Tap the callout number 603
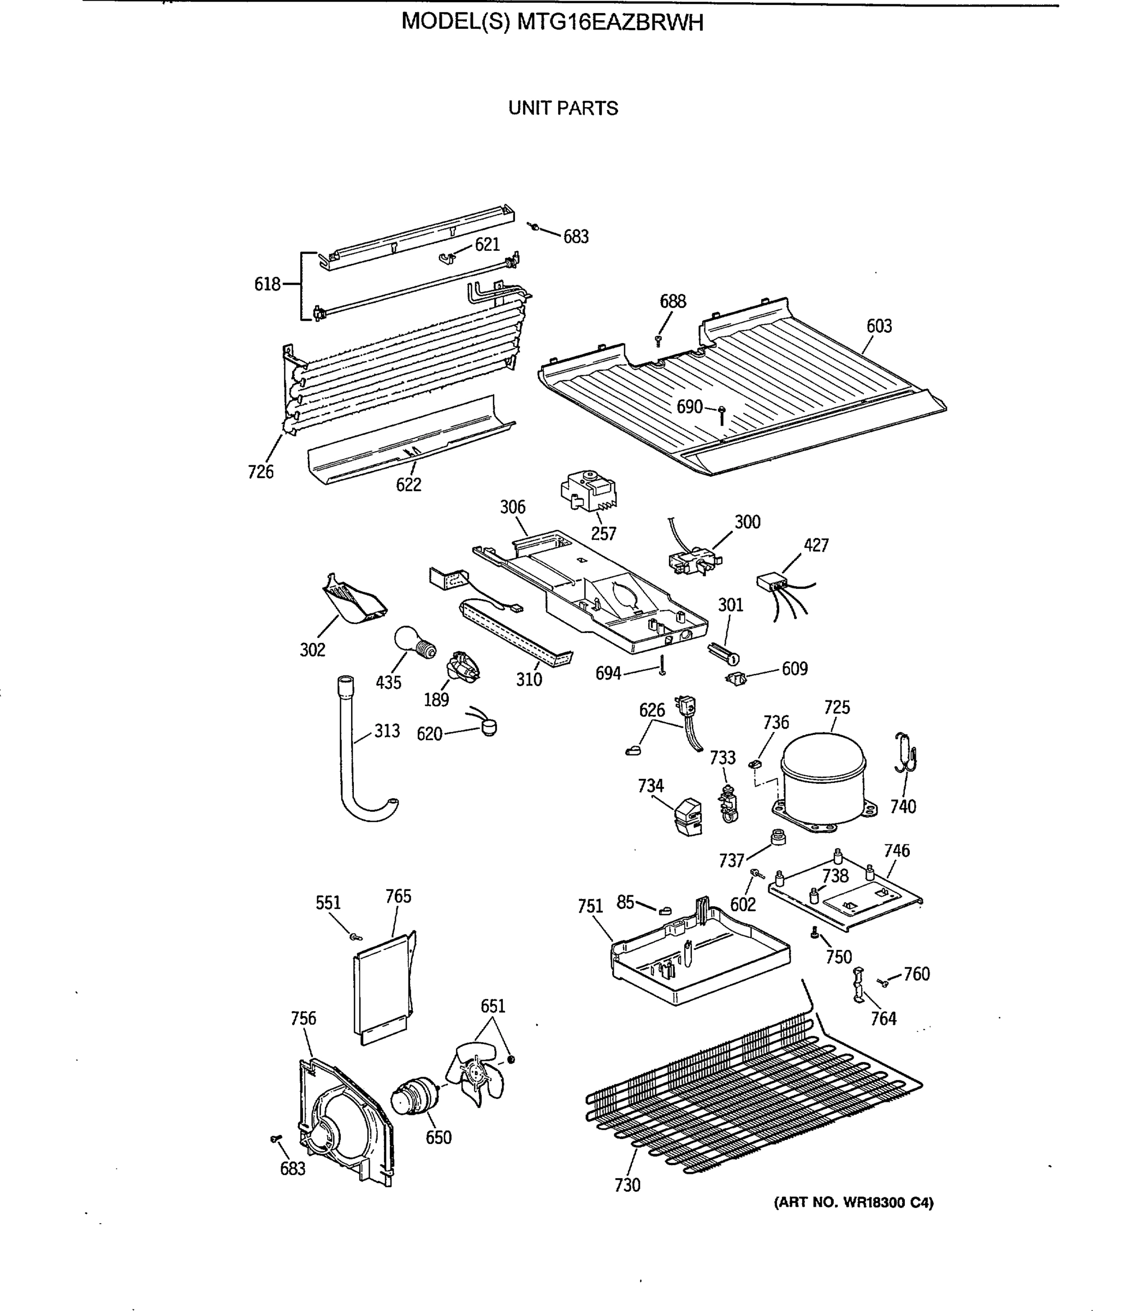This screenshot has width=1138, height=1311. coord(879,327)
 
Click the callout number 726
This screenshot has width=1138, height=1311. coord(260,472)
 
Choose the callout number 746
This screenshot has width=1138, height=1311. coord(896,851)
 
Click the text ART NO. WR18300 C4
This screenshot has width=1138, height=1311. coord(853,1202)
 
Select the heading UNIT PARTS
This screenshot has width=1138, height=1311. coord(562,109)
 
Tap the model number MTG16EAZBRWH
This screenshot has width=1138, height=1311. coord(611,23)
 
